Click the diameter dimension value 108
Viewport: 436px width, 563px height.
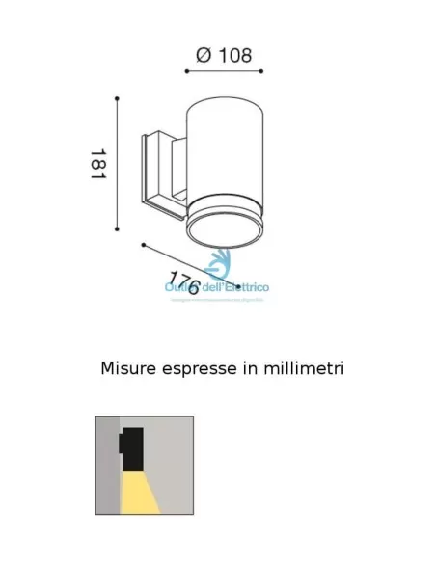(x=232, y=55)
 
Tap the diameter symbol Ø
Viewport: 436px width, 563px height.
(x=204, y=55)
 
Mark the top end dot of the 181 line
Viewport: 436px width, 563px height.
(x=117, y=98)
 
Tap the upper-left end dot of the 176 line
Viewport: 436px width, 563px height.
(x=143, y=245)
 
